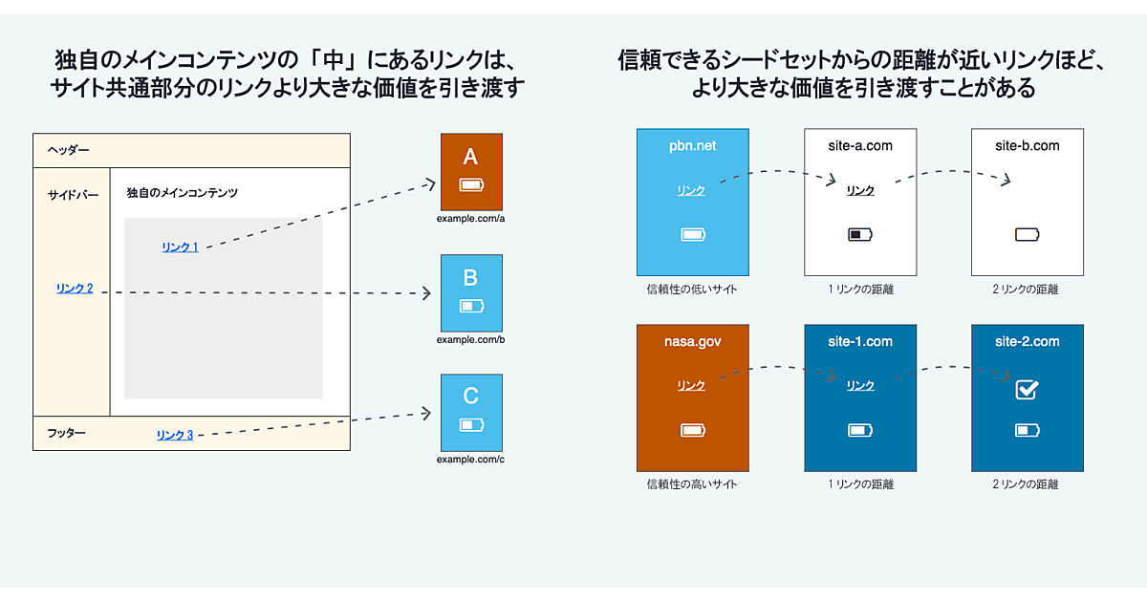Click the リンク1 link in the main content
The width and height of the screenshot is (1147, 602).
click(x=180, y=247)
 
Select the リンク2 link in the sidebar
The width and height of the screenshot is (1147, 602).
click(x=75, y=289)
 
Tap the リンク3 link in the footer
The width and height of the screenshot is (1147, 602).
click(x=175, y=436)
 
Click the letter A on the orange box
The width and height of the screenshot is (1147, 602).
click(x=470, y=157)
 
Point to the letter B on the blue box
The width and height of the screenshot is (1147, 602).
click(x=470, y=278)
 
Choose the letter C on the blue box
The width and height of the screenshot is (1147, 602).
click(x=470, y=397)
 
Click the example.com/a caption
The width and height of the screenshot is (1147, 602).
click(x=470, y=219)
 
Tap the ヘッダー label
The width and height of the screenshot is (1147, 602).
click(x=69, y=151)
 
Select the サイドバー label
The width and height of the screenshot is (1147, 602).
click(x=74, y=195)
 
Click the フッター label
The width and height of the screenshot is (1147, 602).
click(x=67, y=434)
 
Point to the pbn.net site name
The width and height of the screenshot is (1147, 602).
click(x=693, y=146)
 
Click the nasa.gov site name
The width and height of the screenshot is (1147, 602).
click(x=693, y=342)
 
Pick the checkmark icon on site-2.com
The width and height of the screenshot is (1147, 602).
click(x=1027, y=389)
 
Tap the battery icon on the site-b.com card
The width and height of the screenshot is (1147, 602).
click(x=1027, y=234)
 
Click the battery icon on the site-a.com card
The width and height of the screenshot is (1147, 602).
click(x=860, y=234)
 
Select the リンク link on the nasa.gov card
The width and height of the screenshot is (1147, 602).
click(x=691, y=386)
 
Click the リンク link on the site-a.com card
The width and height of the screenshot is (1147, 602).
click(x=860, y=191)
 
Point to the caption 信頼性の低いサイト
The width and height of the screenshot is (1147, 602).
click(x=692, y=289)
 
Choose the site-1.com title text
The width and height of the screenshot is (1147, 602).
click(x=860, y=342)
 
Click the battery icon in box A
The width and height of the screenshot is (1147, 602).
click(x=471, y=184)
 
